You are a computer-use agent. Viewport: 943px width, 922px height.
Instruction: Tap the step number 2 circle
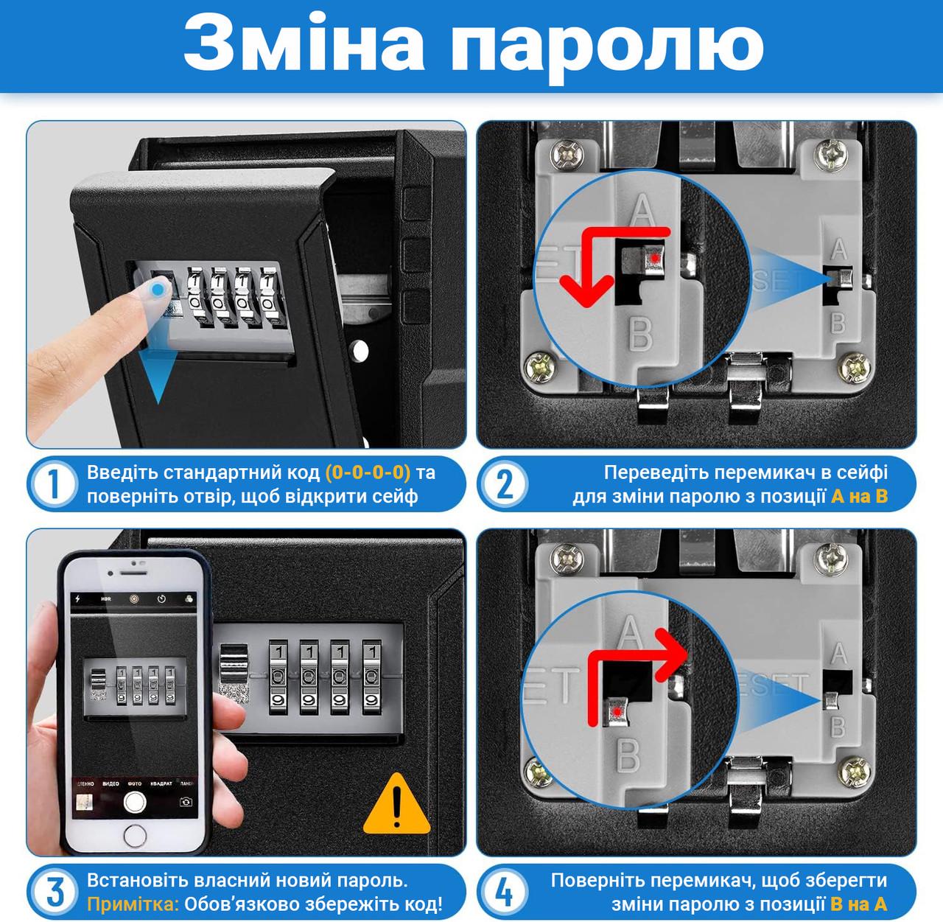click(x=505, y=485)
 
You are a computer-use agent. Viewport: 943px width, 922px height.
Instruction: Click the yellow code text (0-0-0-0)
click(x=368, y=472)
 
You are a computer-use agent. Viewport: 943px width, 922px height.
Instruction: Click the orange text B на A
click(x=859, y=903)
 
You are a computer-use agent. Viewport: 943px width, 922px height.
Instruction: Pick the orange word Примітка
click(x=133, y=903)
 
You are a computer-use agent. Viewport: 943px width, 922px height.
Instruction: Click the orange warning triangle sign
click(x=397, y=804)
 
